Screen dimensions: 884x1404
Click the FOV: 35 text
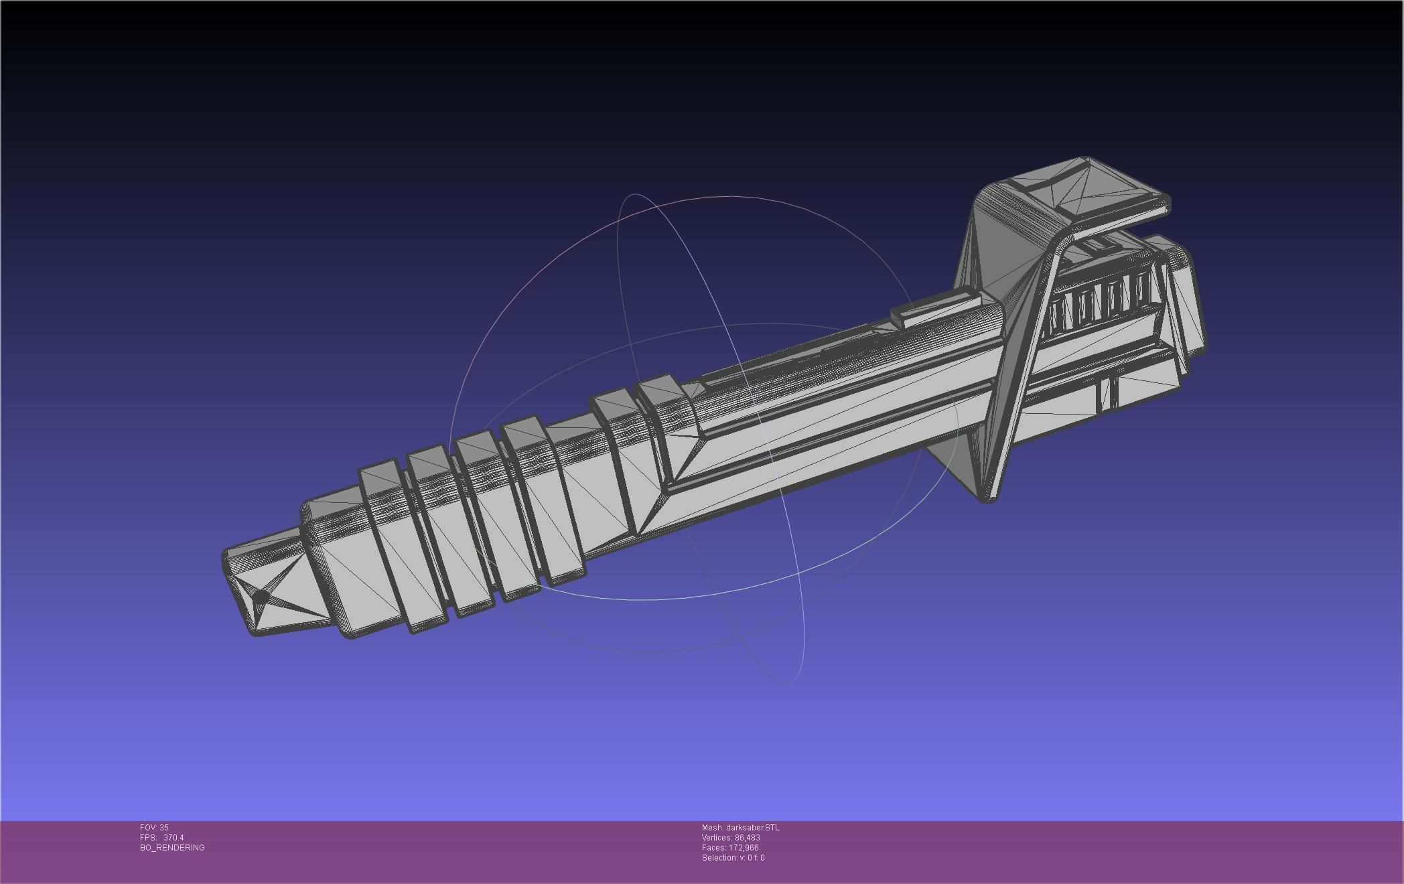tap(154, 828)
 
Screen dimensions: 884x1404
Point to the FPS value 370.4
tap(173, 838)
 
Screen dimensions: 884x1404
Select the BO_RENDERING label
tap(172, 848)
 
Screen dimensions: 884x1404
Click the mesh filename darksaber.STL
tap(740, 828)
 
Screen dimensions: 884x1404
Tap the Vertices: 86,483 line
tap(730, 838)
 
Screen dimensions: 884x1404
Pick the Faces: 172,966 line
tap(729, 848)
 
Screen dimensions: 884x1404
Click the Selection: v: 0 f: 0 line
tap(733, 858)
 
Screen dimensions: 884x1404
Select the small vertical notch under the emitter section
tap(1108, 392)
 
